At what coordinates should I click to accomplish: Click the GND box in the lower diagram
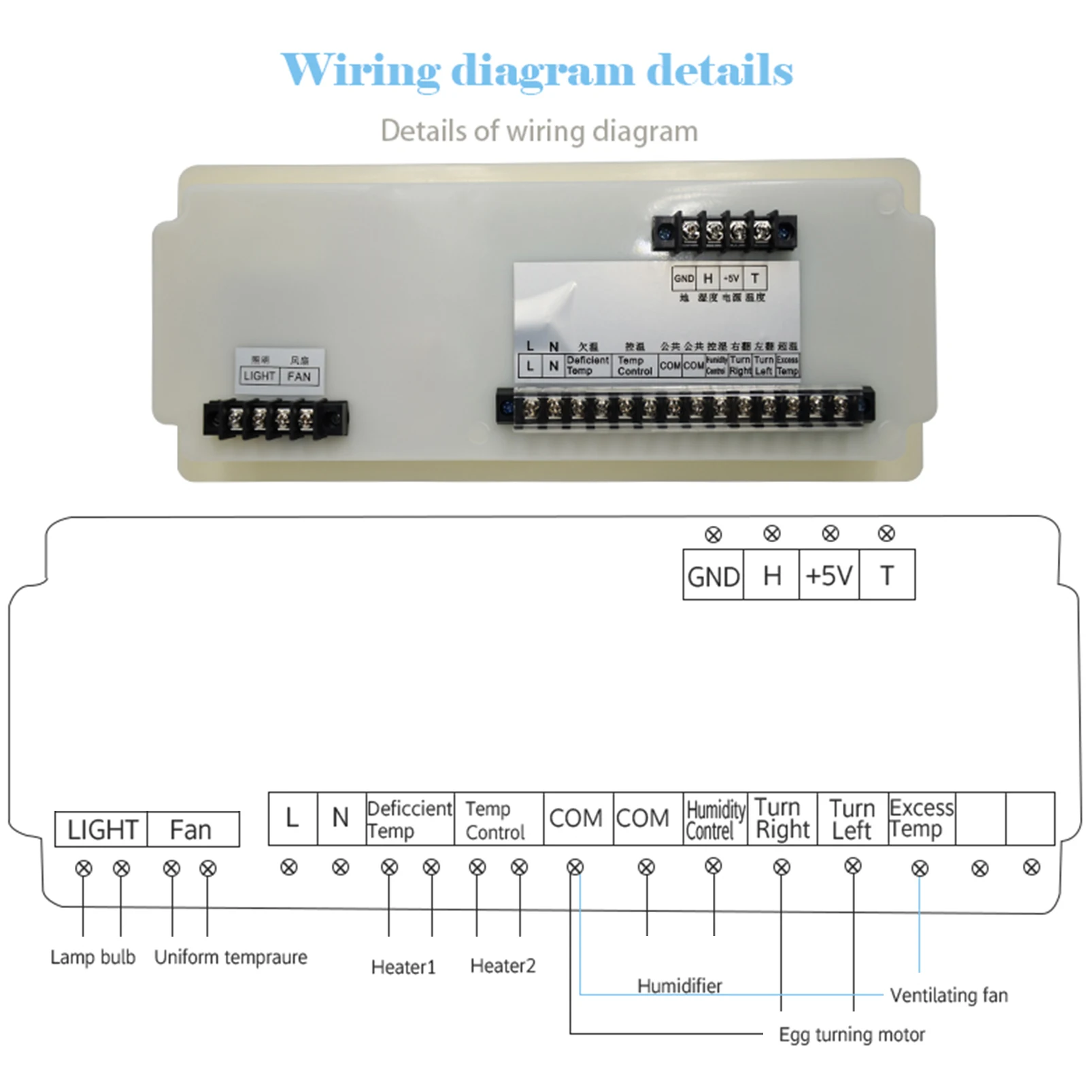pos(713,576)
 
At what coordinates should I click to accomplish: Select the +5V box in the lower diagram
pos(828,576)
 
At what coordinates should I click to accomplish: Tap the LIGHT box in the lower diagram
pos(101,830)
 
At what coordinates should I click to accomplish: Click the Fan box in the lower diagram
pos(191,830)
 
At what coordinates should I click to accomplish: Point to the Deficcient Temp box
pos(409,819)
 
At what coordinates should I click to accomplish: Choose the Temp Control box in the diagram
pos(497,820)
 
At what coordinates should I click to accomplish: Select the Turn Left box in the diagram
pos(852,819)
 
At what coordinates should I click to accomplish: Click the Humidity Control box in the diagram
pos(715,820)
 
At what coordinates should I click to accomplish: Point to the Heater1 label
pos(403,967)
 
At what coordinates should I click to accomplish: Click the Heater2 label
pos(503,966)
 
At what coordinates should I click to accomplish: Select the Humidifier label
pos(679,985)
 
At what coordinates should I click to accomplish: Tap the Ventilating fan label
pos(949,995)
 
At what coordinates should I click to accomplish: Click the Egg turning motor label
pos(852,1035)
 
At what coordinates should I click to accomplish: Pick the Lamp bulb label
pos(93,957)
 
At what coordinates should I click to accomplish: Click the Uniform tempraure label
pos(231,957)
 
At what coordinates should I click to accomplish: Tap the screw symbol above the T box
pos(886,534)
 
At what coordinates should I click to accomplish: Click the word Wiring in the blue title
pos(361,71)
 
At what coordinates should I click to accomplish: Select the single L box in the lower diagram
pos(292,818)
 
